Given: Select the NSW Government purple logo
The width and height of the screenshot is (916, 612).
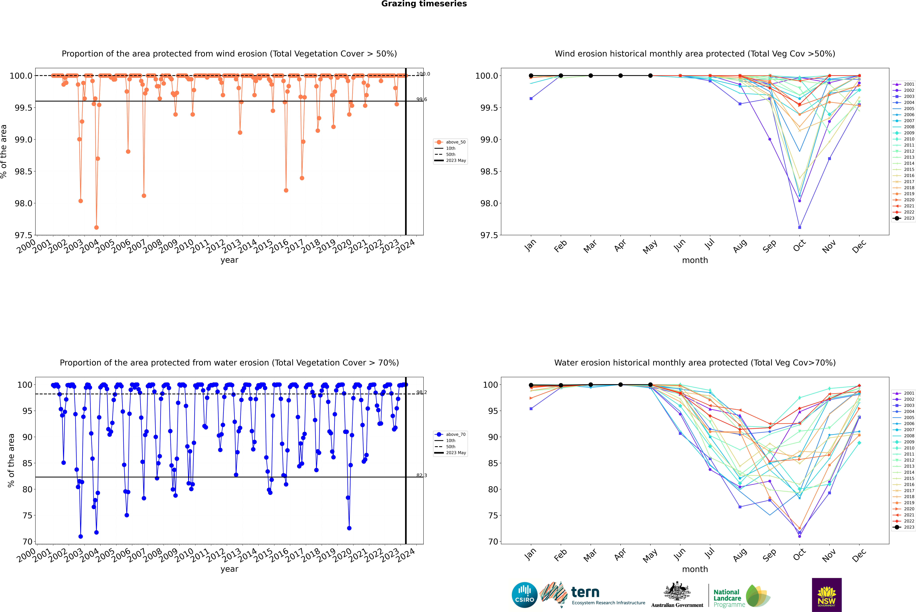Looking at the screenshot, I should pos(827,594).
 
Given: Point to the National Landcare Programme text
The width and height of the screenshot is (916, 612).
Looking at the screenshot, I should pos(727,598).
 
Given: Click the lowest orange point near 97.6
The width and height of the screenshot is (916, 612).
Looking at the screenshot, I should pos(96,228).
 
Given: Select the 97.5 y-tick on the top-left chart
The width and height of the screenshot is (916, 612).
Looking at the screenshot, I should pos(23,235).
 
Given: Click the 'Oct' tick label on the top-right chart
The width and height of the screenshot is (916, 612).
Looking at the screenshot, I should pos(799,246).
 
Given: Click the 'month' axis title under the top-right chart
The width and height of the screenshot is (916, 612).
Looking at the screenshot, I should pos(695,260).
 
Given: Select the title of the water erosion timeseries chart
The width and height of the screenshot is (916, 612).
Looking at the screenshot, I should pos(229,363).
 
